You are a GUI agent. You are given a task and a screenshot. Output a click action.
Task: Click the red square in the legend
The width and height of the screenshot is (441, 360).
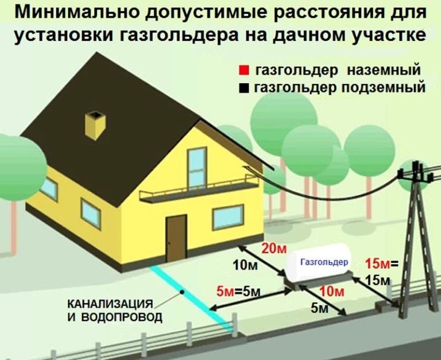pos(244,71)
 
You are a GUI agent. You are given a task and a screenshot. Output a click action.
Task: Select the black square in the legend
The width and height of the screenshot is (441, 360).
pos(244,89)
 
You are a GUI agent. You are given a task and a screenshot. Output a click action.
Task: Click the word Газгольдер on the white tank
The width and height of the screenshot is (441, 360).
pos(324,262)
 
